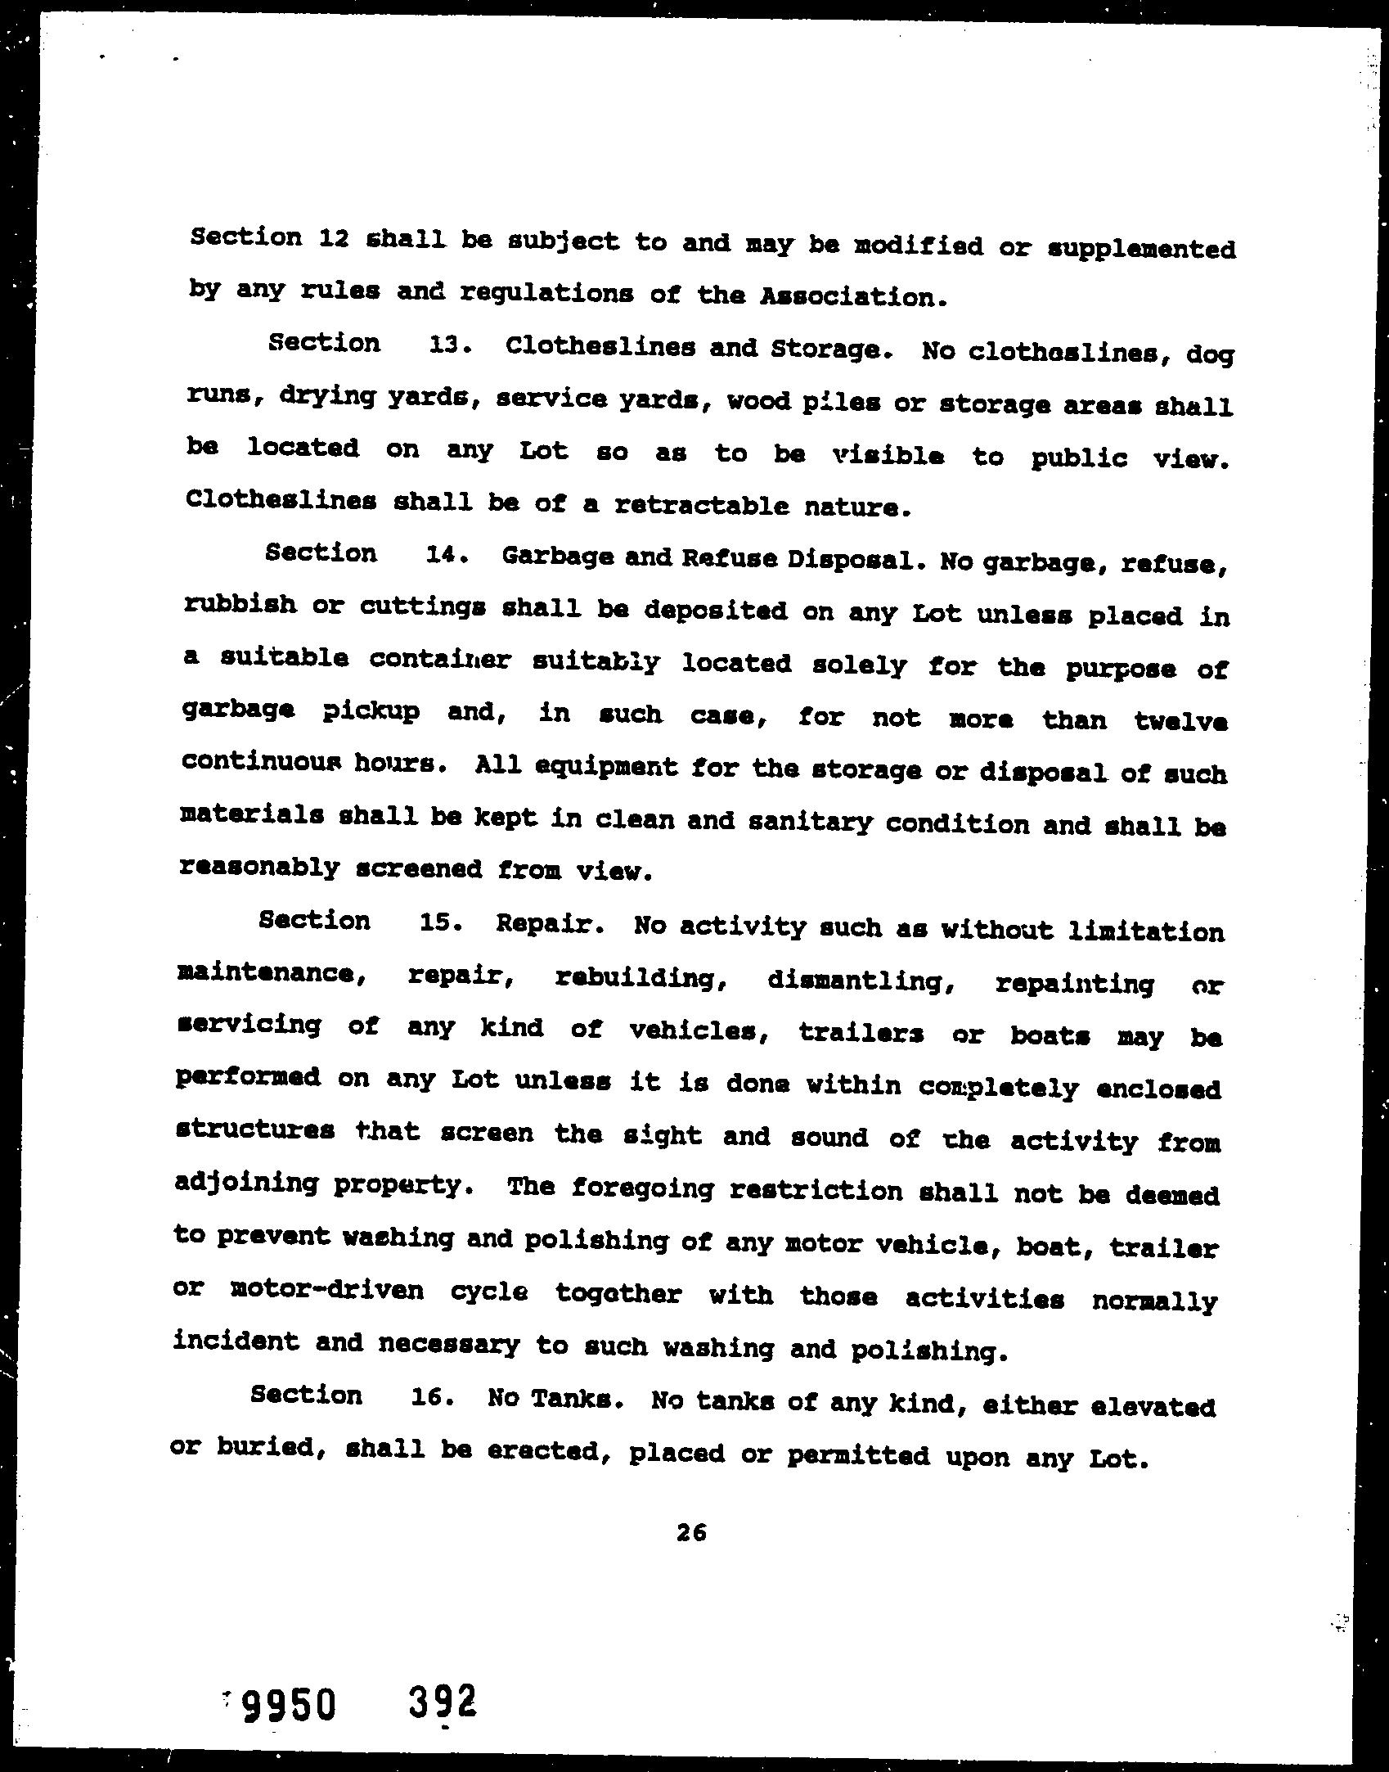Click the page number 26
click(x=691, y=1532)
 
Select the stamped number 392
click(x=442, y=1703)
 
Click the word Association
click(x=852, y=297)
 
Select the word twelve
click(x=1180, y=721)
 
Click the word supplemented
click(x=1141, y=248)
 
